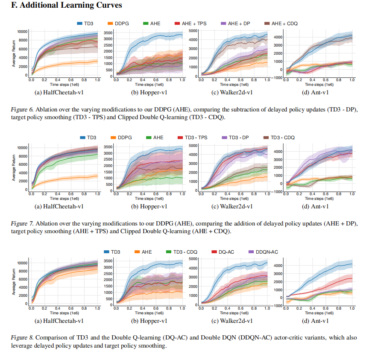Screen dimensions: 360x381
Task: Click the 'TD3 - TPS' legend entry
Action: coord(193,138)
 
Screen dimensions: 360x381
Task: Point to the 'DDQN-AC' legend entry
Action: coord(263,252)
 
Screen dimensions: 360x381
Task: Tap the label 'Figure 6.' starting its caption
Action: coord(22,110)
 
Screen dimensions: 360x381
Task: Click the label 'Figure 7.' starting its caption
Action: coord(22,224)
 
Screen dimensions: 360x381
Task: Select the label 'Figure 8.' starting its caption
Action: coord(22,338)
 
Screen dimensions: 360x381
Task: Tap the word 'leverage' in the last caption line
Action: coord(23,345)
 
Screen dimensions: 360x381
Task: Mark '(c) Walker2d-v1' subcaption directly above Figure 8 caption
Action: coord(232,321)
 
